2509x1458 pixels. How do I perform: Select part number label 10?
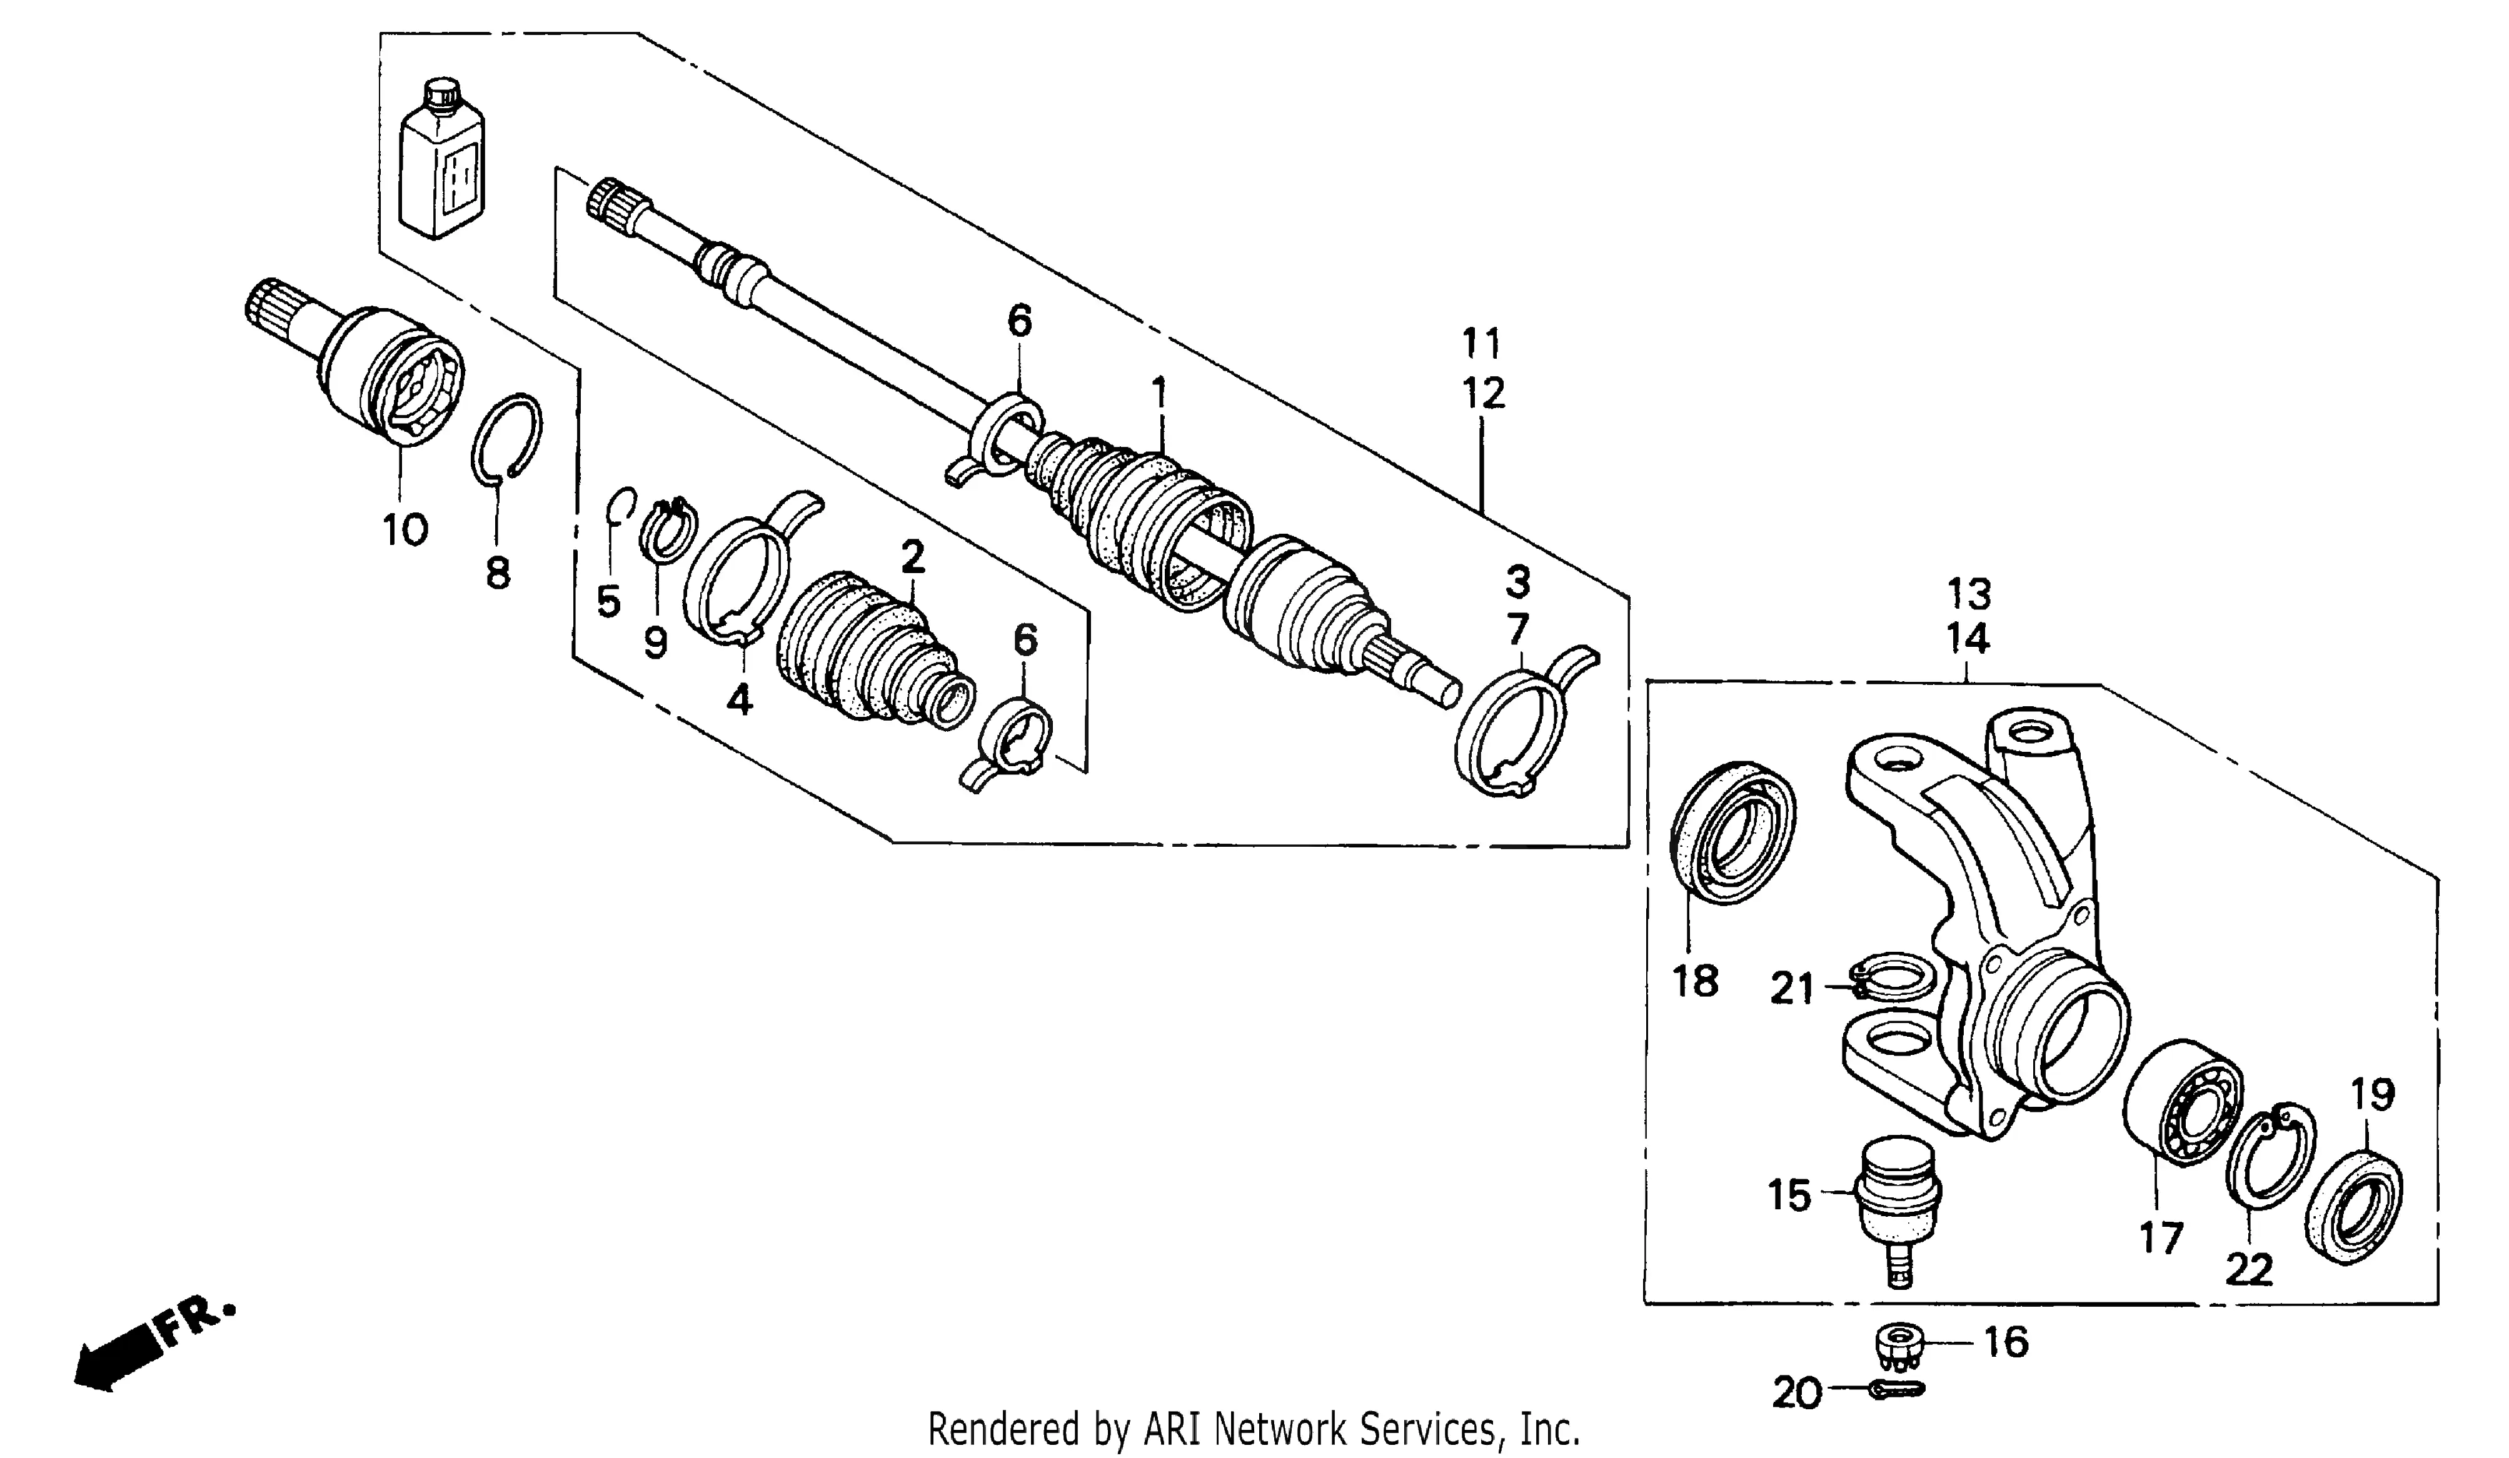point(405,531)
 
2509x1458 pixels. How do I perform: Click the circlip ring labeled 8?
point(506,438)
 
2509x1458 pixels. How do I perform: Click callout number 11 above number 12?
point(1482,343)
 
